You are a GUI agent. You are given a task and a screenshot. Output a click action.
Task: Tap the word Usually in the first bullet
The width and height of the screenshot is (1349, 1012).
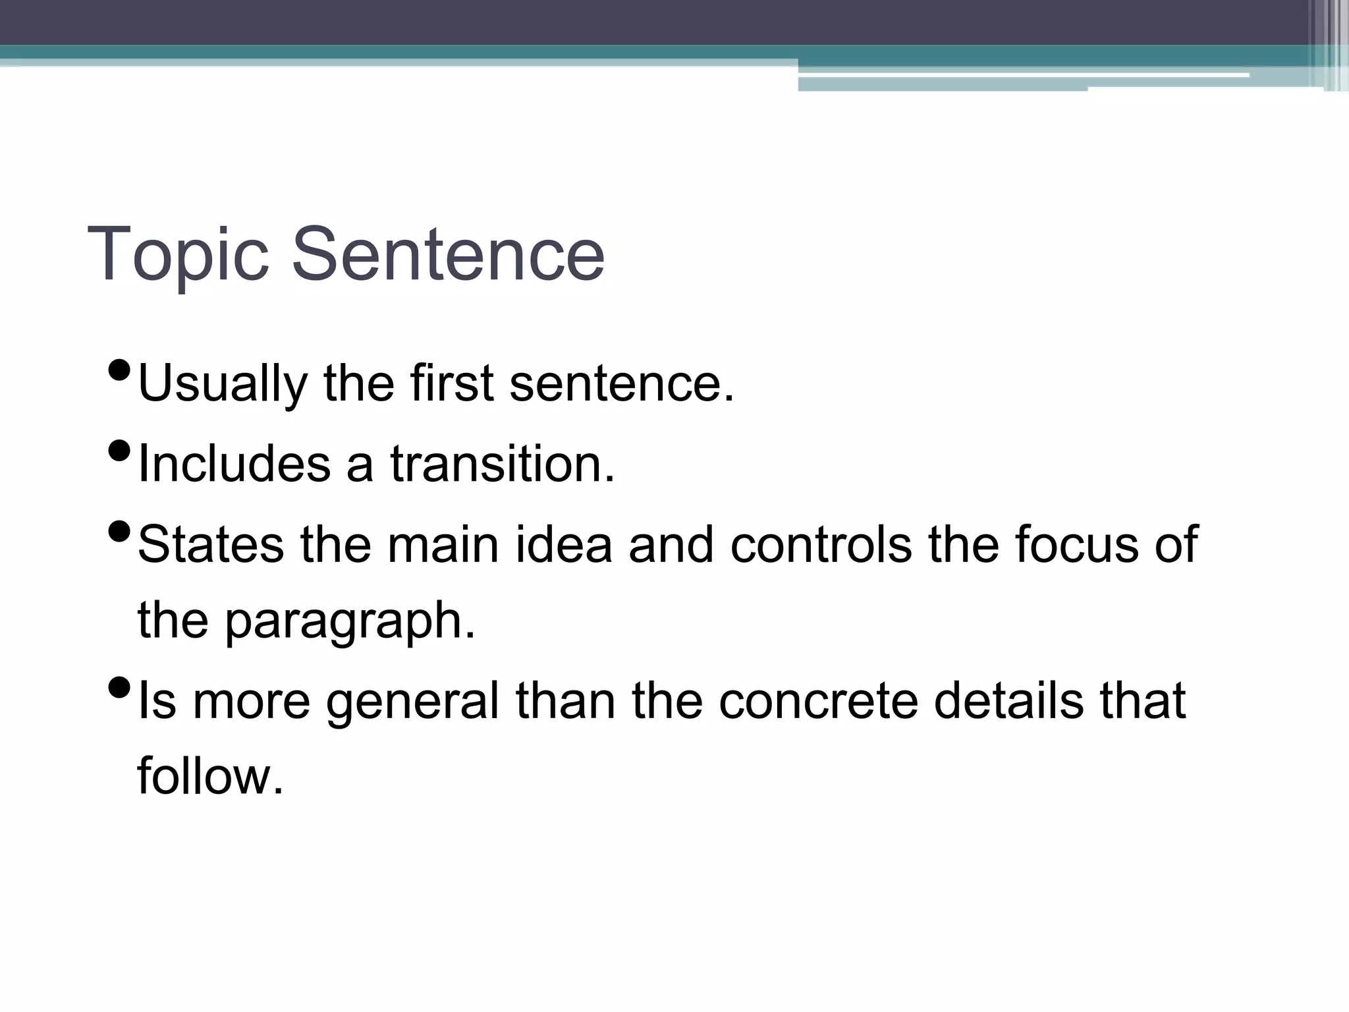[x=223, y=384]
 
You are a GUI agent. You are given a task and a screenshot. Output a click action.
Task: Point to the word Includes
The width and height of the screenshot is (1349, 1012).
[x=234, y=464]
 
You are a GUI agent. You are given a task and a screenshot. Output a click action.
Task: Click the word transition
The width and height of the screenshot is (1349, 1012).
[x=502, y=464]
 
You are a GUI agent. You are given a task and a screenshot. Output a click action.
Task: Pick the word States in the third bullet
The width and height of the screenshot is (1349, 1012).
[x=211, y=544]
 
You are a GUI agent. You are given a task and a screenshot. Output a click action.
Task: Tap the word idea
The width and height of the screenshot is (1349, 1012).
[x=564, y=544]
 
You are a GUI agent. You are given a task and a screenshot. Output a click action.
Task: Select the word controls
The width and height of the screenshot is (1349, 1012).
[x=821, y=544]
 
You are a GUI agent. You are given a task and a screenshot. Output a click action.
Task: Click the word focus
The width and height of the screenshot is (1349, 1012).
[x=1076, y=544]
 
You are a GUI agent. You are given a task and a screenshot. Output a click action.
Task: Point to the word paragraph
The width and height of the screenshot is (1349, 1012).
[x=349, y=623]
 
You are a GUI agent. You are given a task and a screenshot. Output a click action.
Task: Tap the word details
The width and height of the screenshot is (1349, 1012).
[x=1008, y=701]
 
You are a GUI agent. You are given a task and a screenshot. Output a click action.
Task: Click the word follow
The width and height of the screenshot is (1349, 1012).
[x=209, y=777]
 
